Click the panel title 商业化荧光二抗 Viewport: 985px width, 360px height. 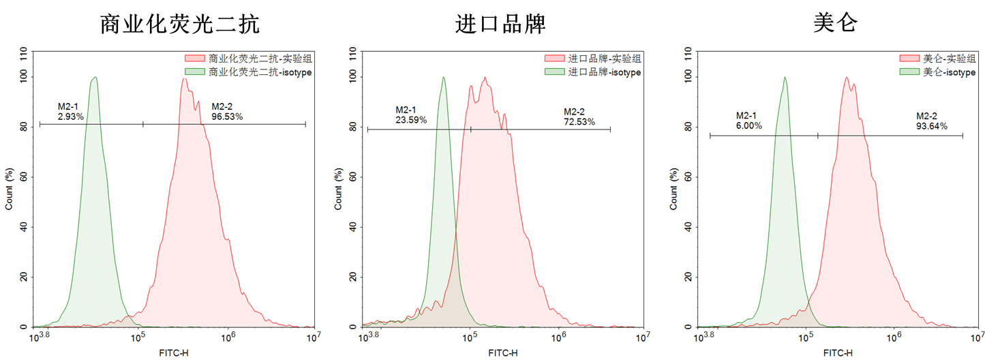[180, 25]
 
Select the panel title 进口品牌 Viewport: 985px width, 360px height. [500, 25]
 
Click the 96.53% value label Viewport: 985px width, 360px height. [227, 117]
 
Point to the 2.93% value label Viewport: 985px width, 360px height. [71, 117]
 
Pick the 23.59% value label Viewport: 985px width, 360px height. [411, 120]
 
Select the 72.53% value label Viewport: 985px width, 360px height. [579, 121]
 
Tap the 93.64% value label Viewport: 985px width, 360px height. [931, 126]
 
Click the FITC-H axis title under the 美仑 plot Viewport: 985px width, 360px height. [838, 353]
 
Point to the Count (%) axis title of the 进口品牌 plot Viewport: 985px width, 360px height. [338, 189]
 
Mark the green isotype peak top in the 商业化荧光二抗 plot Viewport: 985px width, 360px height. [95, 77]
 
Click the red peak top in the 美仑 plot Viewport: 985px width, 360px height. [847, 77]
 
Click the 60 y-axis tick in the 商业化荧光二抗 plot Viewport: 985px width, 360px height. [25, 177]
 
